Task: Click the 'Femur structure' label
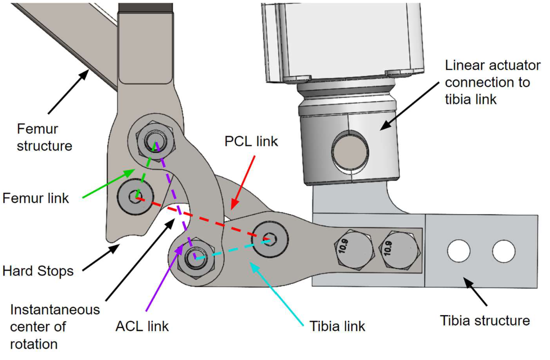click(x=44, y=137)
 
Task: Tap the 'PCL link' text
click(x=251, y=141)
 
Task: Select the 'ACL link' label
click(x=142, y=326)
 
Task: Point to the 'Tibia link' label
click(x=337, y=326)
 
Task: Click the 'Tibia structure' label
click(x=485, y=320)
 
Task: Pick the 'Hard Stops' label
click(x=38, y=271)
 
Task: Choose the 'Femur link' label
click(x=36, y=199)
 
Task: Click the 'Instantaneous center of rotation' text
click(x=55, y=326)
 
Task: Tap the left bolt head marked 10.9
click(x=354, y=249)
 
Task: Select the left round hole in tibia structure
click(x=458, y=251)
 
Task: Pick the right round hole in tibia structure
click(x=504, y=251)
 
